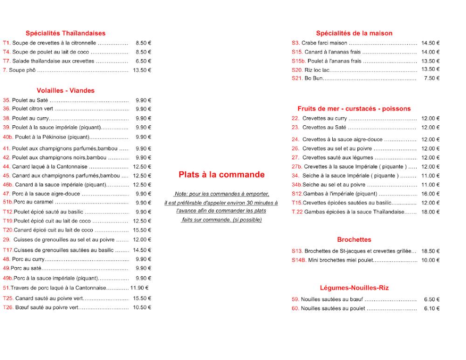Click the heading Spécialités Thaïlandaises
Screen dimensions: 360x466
click(x=65, y=33)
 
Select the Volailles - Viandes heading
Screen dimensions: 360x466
click(x=65, y=90)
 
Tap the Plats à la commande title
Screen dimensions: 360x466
click(x=221, y=175)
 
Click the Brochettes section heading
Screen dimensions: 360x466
click(x=354, y=239)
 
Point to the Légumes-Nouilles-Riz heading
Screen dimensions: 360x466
click(x=354, y=288)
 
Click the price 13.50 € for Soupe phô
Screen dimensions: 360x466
click(x=142, y=70)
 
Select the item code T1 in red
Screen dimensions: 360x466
click(x=6, y=43)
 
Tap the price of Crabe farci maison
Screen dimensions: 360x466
click(x=430, y=43)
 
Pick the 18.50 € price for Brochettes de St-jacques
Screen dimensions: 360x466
click(x=430, y=251)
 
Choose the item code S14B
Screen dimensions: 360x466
click(x=299, y=260)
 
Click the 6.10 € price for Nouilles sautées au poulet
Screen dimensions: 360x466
click(x=432, y=308)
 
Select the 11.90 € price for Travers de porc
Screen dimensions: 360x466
click(x=139, y=288)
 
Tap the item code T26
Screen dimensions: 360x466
click(x=8, y=307)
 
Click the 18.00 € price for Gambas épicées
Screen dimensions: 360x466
click(x=430, y=212)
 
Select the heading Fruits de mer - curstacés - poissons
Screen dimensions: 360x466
click(x=354, y=109)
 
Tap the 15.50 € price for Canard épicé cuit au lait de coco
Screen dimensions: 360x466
click(x=142, y=230)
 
